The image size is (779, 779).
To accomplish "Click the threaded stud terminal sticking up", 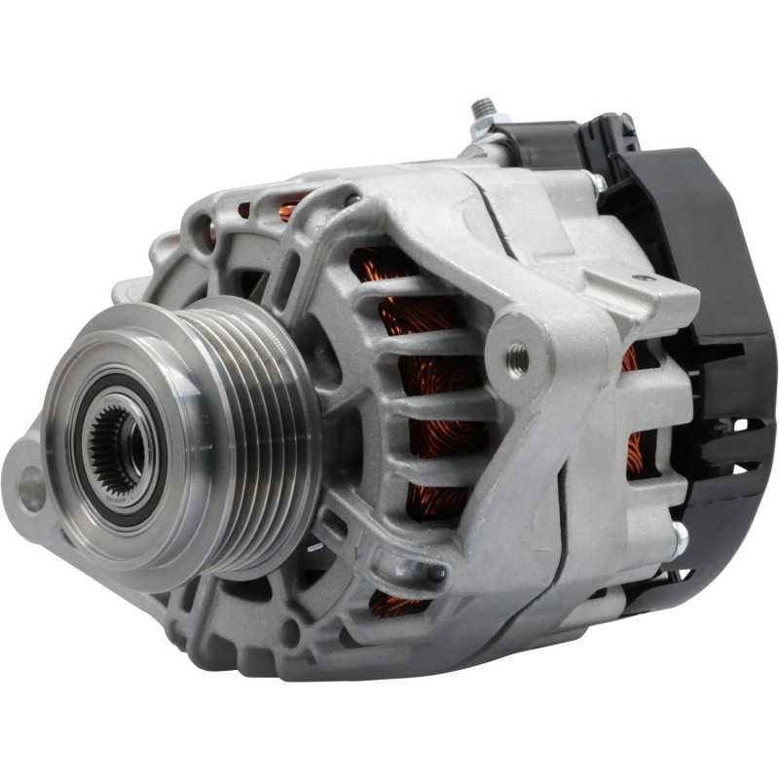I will [x=480, y=108].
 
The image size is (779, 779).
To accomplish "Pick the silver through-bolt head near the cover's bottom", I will [x=679, y=535].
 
